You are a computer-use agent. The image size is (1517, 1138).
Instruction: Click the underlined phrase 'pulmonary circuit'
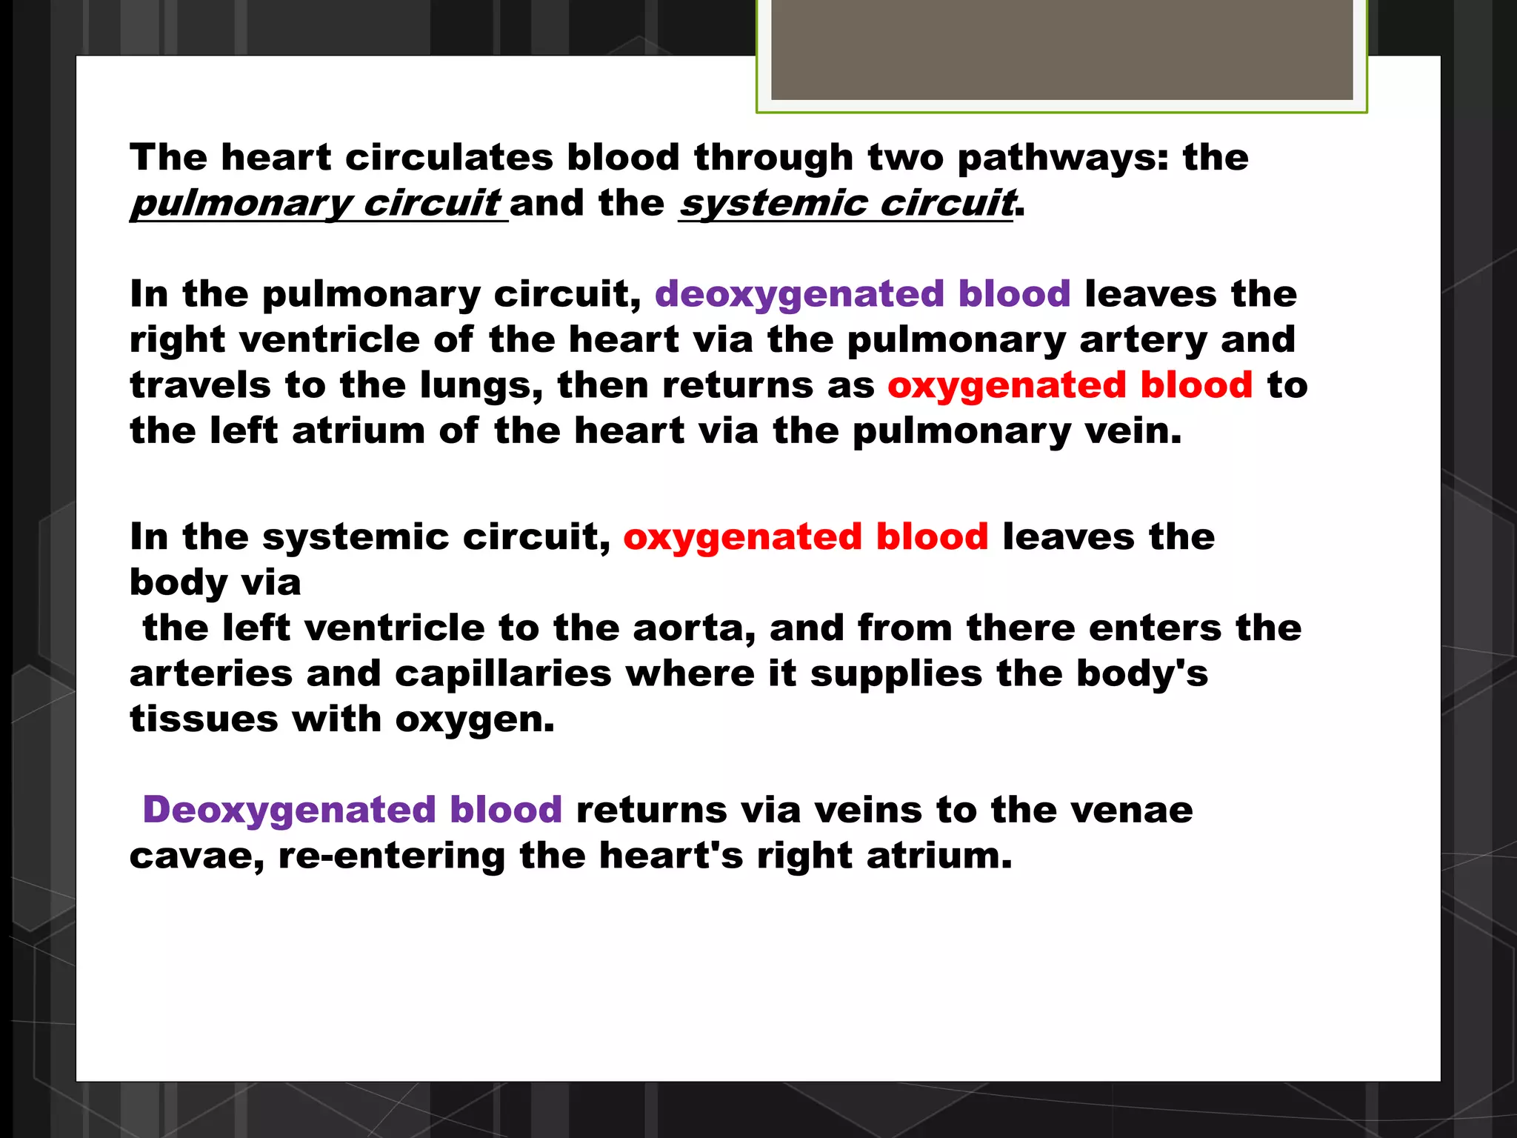point(316,204)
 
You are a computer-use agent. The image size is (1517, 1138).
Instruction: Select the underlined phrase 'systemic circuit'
point(847,204)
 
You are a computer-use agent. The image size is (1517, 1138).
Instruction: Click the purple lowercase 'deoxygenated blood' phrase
point(862,294)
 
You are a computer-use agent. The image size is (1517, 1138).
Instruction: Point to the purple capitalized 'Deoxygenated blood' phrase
point(352,810)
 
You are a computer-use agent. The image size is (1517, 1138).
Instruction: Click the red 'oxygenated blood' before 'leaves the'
point(805,537)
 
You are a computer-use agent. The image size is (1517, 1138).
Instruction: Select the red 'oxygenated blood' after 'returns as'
point(1070,386)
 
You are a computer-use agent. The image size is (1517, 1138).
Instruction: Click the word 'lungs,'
point(481,386)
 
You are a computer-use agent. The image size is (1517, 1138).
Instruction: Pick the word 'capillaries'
point(503,674)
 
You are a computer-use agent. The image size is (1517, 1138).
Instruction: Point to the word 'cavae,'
point(197,856)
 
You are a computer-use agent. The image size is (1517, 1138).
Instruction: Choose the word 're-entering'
point(391,856)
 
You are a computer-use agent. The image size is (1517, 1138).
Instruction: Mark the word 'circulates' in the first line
point(449,158)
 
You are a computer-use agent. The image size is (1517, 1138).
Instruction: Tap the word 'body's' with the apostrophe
point(1141,674)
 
